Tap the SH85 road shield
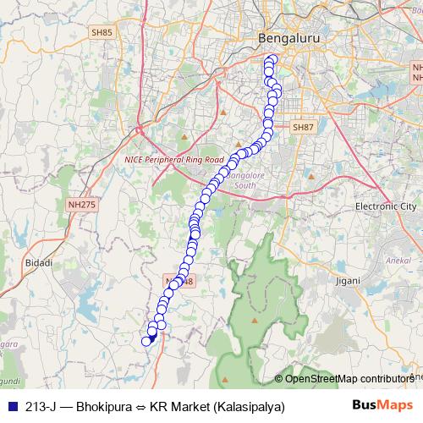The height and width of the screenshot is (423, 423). tap(102, 32)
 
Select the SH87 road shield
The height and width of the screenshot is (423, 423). tap(303, 127)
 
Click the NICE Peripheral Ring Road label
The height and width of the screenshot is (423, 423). tap(173, 159)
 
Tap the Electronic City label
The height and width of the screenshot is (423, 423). tap(386, 206)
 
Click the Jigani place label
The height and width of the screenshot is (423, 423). tap(348, 278)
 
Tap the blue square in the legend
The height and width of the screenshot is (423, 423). tap(10, 406)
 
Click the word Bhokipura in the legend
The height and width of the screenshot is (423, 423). tap(103, 406)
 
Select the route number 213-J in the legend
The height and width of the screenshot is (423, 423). tap(41, 406)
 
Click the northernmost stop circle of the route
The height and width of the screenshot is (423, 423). tap(272, 59)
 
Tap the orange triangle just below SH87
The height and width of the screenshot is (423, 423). tap(310, 176)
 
